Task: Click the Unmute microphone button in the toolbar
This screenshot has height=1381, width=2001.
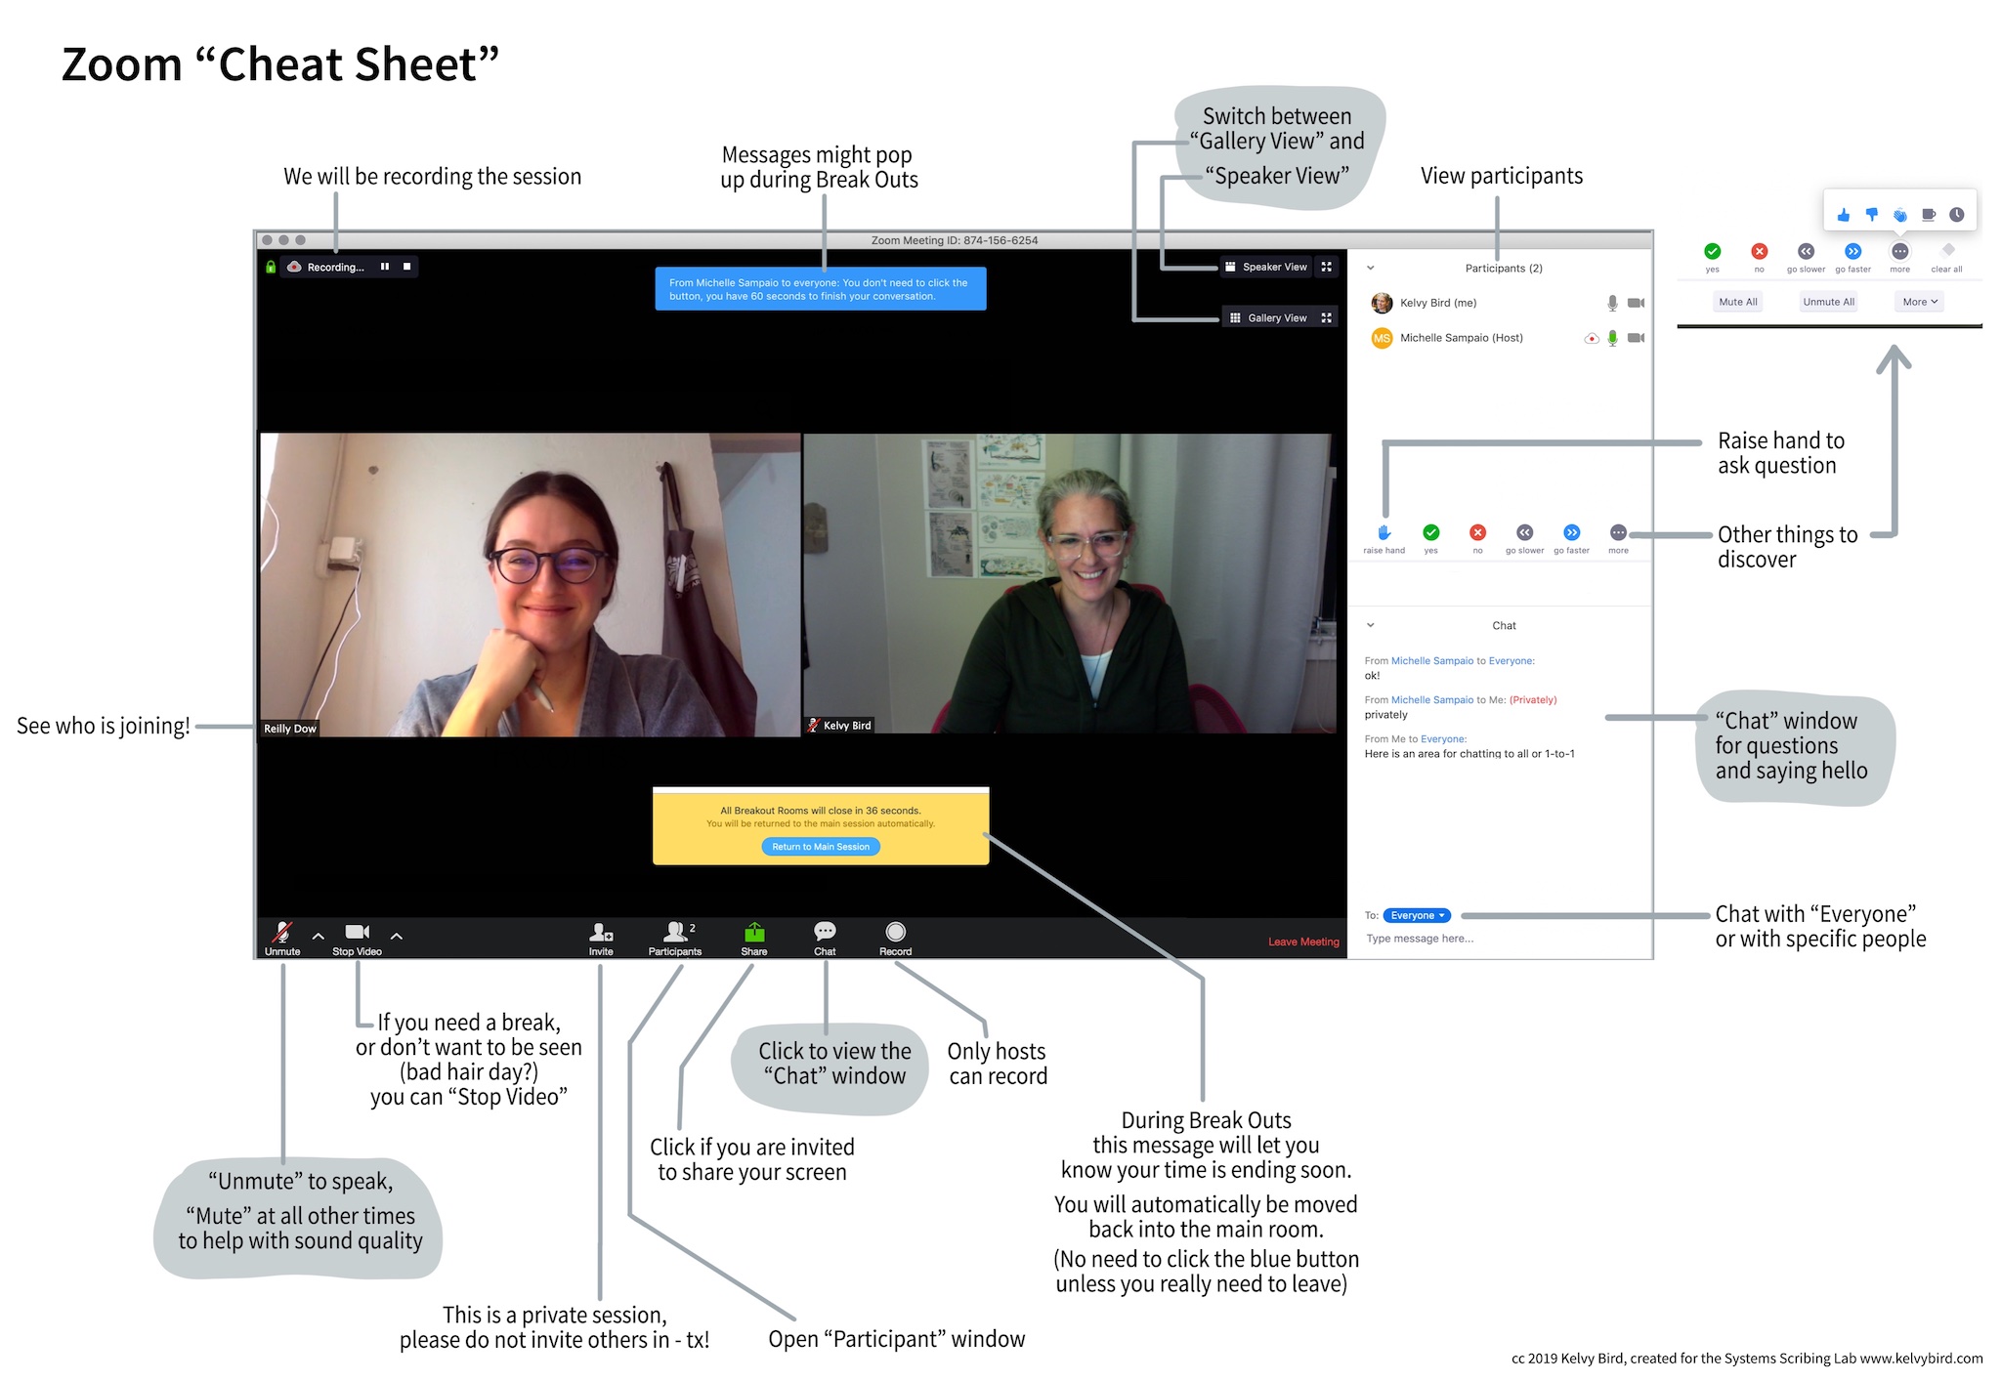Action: point(282,938)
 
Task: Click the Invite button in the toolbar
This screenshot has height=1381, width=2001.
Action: point(601,938)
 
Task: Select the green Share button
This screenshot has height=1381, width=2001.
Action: point(753,938)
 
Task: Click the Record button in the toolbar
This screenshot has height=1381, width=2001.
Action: point(895,938)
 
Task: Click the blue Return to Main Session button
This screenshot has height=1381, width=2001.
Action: point(821,847)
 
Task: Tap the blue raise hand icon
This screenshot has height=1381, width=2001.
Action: point(1384,533)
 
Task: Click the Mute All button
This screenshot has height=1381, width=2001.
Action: point(1738,302)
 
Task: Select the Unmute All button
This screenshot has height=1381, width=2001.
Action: point(1828,302)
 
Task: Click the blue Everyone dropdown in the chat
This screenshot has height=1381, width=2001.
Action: point(1417,915)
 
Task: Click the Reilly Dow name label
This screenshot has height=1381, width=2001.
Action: point(290,729)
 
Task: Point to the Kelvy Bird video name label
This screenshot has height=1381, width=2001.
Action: point(846,726)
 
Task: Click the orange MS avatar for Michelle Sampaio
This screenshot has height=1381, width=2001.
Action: point(1382,338)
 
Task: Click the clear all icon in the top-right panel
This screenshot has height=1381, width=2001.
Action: point(1947,252)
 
